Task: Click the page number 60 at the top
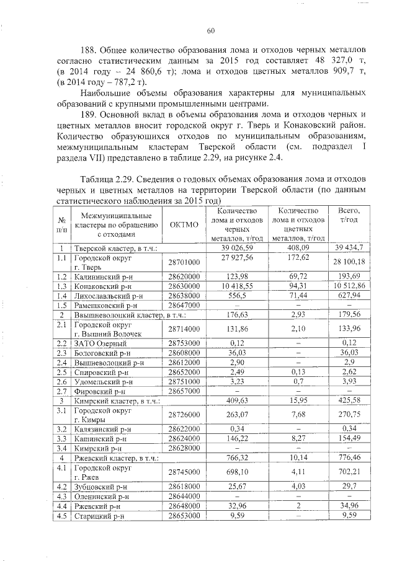pyautogui.click(x=210, y=31)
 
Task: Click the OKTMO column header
pyautogui.click(x=184, y=224)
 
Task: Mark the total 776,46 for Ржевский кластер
pyautogui.click(x=349, y=457)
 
